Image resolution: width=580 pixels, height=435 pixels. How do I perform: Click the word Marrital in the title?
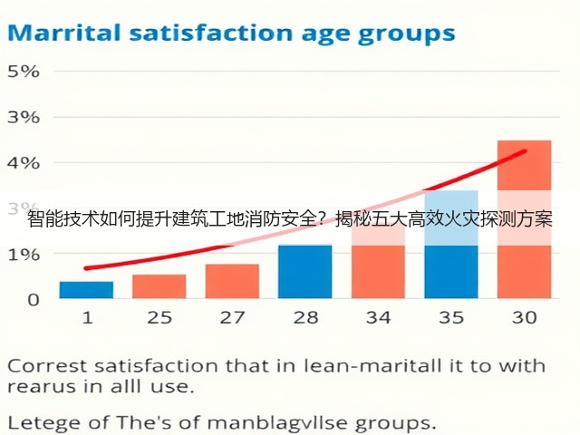coord(64,33)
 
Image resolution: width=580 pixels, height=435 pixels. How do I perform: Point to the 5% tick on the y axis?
coord(24,72)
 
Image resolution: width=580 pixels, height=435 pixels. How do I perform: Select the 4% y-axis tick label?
coord(24,163)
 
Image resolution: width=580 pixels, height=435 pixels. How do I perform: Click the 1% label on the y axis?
coord(24,255)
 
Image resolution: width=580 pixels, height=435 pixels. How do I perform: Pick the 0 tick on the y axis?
coord(34,300)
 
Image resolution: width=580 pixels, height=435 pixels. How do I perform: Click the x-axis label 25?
coord(159,317)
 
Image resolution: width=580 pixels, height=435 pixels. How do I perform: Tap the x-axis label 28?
coord(305,317)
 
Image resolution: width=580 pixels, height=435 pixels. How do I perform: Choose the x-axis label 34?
coord(378,317)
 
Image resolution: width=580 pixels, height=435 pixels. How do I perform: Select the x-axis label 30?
coord(524,317)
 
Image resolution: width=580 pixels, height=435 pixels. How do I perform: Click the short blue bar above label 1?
coord(87,290)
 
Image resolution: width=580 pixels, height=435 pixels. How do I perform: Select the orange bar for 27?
coord(232,281)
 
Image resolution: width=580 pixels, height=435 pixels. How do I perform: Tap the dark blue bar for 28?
coord(305,272)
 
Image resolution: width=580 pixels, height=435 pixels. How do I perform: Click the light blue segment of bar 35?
coord(451,217)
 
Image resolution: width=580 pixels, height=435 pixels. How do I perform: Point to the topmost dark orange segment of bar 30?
coord(524,165)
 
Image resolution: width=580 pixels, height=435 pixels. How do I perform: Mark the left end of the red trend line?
coord(86,268)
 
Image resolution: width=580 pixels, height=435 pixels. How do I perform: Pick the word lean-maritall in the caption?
coord(372,366)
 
